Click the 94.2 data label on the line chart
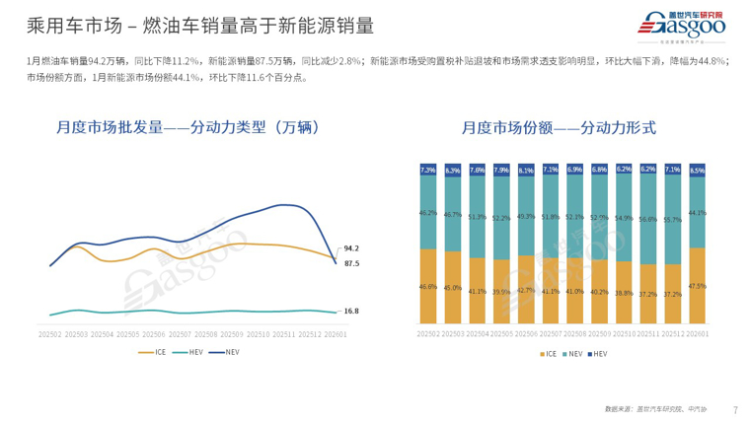(351, 248)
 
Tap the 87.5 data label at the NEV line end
(351, 263)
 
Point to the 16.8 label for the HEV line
(351, 312)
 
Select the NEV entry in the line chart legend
(228, 352)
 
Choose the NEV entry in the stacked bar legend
(571, 352)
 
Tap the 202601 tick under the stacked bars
(698, 334)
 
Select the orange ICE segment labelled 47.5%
(698, 286)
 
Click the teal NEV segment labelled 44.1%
(698, 212)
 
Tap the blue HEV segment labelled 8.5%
(698, 170)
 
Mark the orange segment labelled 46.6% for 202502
(428, 286)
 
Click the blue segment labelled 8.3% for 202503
(453, 170)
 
